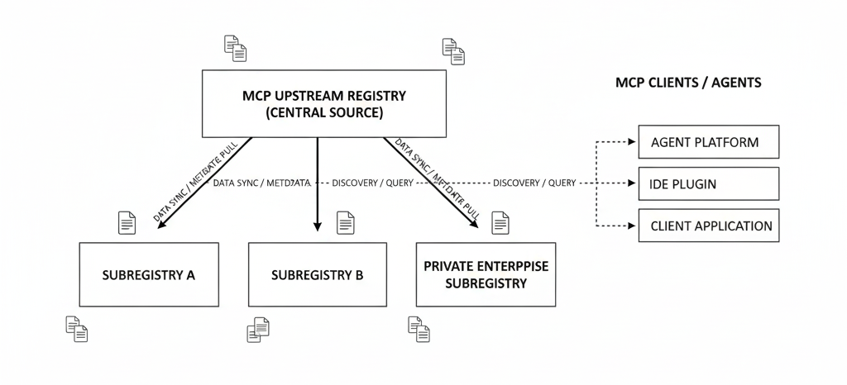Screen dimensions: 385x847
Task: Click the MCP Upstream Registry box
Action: (324, 103)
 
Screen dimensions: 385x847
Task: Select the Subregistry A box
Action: (149, 274)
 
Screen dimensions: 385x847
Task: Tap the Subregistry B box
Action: (318, 274)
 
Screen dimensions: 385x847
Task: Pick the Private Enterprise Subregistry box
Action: (486, 274)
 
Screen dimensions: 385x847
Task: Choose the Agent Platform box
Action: (708, 142)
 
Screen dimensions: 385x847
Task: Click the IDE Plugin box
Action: (708, 183)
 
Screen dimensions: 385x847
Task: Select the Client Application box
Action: (708, 226)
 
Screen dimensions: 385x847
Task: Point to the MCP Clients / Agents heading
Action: (688, 83)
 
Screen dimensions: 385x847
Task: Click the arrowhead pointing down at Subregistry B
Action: (318, 226)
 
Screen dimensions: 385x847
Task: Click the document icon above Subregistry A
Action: (127, 223)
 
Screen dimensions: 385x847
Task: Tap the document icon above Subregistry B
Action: (346, 223)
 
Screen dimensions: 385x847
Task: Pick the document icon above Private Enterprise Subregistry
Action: (500, 223)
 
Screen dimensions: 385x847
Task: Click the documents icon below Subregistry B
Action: (258, 329)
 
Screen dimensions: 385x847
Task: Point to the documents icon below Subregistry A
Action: (77, 329)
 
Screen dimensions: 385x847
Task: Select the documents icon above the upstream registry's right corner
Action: (453, 51)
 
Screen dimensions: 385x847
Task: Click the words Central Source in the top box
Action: (324, 113)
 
